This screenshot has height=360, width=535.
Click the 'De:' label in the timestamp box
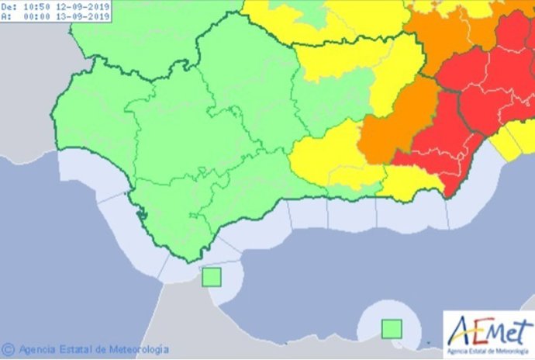(11, 6)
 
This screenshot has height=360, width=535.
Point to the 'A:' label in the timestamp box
(9, 17)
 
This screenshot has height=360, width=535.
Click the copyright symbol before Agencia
(9, 349)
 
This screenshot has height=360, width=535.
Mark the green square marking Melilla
(392, 329)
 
